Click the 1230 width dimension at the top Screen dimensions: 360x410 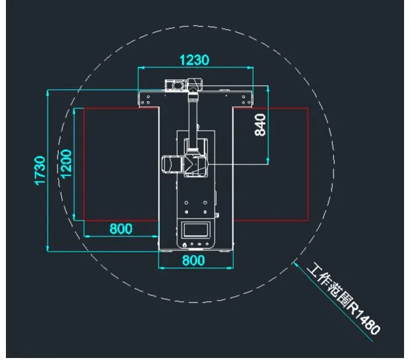[x=194, y=59]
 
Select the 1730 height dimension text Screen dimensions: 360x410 [x=40, y=171]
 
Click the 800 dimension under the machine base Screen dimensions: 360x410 [x=193, y=260]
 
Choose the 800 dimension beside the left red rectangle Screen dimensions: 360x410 [x=120, y=229]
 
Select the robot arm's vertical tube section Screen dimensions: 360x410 [x=193, y=119]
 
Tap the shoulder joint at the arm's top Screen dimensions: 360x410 [x=195, y=85]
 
